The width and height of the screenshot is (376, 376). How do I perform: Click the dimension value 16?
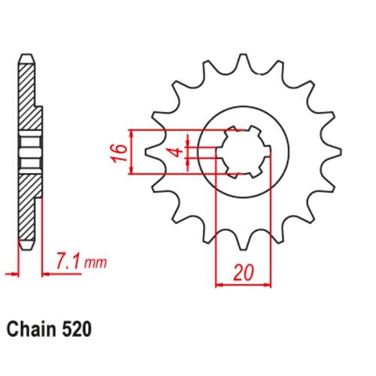(119, 153)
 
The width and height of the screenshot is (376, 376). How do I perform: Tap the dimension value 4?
(178, 153)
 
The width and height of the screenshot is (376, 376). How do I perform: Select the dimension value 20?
(244, 272)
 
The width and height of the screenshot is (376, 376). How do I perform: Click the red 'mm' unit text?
(96, 262)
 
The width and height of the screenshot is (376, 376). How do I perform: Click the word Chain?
(32, 329)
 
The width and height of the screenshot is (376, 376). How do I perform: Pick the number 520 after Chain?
(76, 329)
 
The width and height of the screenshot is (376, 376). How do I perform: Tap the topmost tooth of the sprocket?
(242, 62)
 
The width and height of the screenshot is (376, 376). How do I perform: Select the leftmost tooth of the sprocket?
(153, 152)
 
